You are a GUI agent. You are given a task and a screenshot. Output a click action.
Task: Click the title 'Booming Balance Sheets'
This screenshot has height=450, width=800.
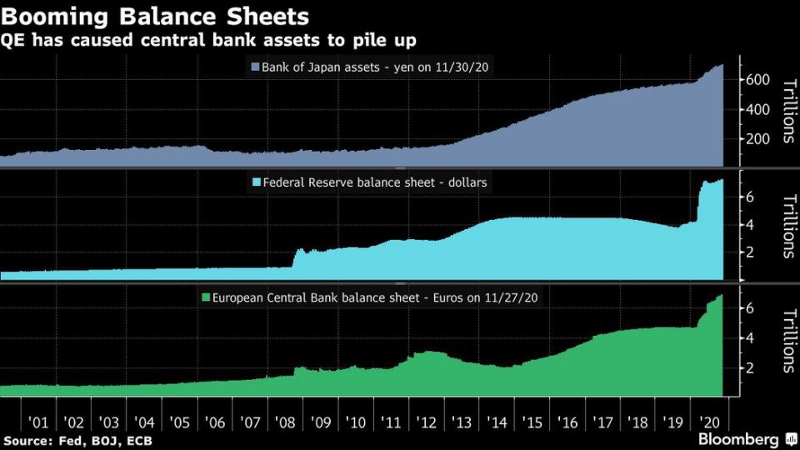154,16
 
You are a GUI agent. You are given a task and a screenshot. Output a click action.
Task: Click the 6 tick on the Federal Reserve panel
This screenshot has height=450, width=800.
750,196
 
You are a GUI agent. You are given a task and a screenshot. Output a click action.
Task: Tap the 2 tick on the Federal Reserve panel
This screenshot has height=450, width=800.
750,252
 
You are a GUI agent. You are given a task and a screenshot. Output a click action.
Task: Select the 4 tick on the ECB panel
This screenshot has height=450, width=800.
750,337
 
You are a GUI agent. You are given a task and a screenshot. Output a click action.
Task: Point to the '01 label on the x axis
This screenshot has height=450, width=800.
38,422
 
